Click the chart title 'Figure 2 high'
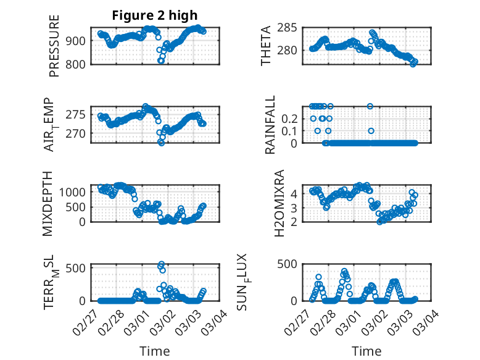tap(154, 15)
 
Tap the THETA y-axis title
tap(266, 46)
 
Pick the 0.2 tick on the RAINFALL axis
tap(289, 118)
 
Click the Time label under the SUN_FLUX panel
tap(366, 351)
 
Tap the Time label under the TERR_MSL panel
tap(154, 351)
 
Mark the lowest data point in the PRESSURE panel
tap(161, 61)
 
